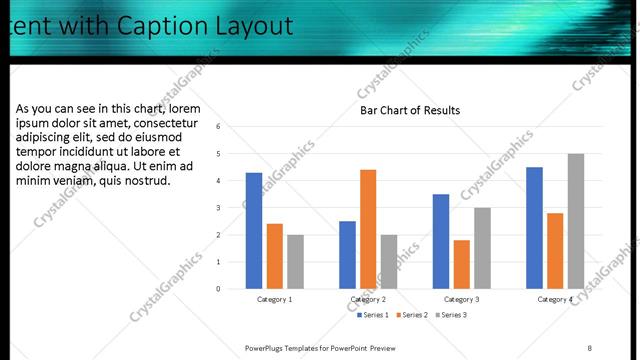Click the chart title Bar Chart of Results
pyautogui.click(x=410, y=110)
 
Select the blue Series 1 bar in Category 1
pyautogui.click(x=254, y=230)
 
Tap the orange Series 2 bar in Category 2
pyautogui.click(x=368, y=229)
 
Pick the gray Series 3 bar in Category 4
pyautogui.click(x=576, y=221)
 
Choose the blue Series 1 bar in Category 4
pyautogui.click(x=534, y=227)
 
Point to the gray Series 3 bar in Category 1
pyautogui.click(x=295, y=261)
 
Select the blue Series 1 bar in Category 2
pyautogui.click(x=347, y=254)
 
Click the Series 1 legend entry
pyautogui.click(x=374, y=315)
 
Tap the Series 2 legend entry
pyautogui.click(x=414, y=315)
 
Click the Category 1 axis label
pyautogui.click(x=274, y=299)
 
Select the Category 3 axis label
pyautogui.click(x=461, y=299)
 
